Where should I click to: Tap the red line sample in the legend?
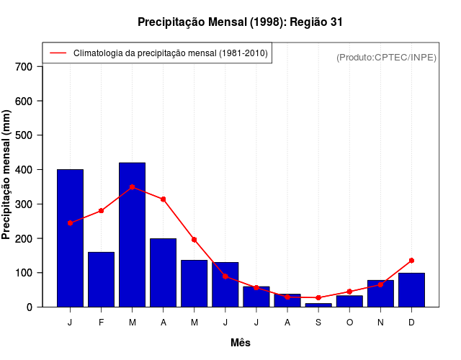click(58, 53)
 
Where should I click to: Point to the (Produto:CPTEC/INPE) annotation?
click(386, 57)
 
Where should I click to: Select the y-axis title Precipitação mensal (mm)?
click(7, 175)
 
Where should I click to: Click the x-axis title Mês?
click(241, 343)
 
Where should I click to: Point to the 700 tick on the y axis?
click(24, 67)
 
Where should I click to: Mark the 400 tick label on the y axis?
click(24, 170)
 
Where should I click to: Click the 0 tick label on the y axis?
click(30, 307)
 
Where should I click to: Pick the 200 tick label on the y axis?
click(24, 238)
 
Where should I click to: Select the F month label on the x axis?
click(102, 322)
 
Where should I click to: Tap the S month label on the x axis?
click(318, 322)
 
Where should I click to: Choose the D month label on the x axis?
click(411, 322)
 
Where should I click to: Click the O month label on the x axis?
click(349, 322)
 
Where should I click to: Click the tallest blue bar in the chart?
click(133, 235)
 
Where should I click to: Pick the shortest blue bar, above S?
click(318, 305)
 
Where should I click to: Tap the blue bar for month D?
click(411, 290)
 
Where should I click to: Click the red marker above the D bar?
click(411, 260)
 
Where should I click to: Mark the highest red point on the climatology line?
click(133, 186)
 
